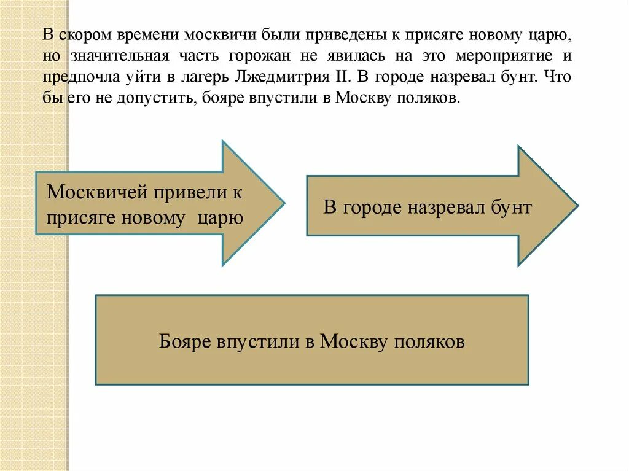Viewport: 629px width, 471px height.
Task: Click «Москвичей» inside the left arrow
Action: point(93,192)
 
